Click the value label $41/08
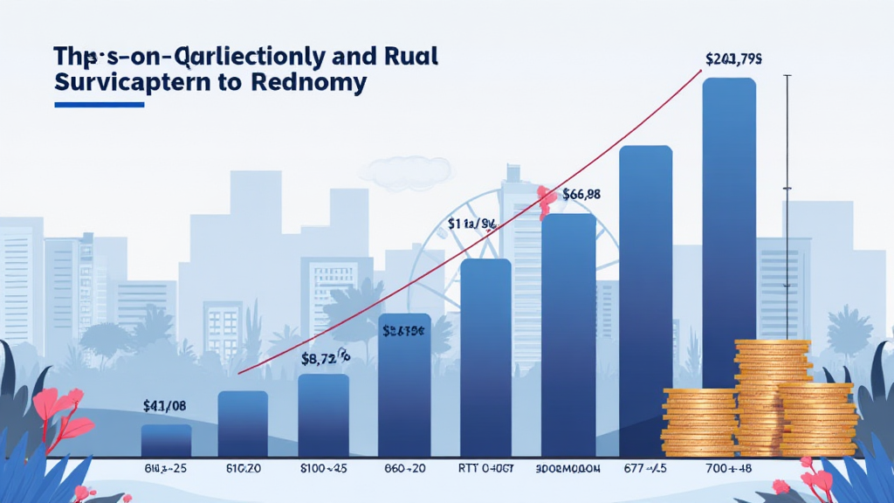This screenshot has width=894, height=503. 165,405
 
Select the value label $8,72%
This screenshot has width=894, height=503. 325,357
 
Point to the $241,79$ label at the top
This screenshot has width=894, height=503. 734,59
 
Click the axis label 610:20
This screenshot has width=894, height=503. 244,468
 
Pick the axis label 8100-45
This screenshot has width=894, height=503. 325,468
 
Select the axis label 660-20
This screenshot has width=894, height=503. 404,468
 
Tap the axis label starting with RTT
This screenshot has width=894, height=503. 485,468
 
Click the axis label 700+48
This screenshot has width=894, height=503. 729,468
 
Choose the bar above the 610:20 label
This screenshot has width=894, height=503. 243,423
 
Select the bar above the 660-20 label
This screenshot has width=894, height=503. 404,384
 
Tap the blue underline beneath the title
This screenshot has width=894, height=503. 99,105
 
